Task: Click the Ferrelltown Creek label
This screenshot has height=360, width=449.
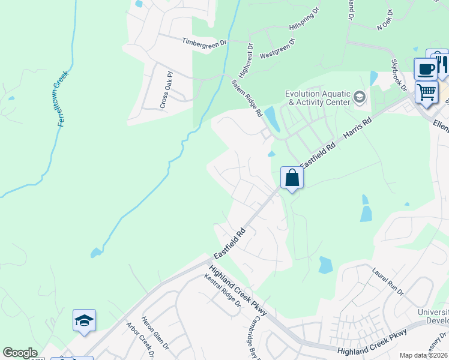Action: pos(64,98)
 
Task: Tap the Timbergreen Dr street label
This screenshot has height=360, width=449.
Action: pos(205,41)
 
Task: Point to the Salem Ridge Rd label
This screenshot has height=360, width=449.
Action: pos(247,98)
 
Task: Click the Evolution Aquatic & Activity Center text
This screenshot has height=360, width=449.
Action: pos(317,98)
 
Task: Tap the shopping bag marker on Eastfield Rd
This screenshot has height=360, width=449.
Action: pos(292,178)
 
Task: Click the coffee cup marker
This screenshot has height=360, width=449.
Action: pos(426,69)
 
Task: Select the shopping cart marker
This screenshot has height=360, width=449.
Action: pos(426,92)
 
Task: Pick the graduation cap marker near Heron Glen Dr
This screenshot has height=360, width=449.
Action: pos(84,321)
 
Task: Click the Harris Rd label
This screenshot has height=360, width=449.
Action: pos(358,128)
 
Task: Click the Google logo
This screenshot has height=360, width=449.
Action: pos(20,353)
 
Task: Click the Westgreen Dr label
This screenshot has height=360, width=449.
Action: pos(277,48)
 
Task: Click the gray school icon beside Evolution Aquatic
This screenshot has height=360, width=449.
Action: pos(360,97)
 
